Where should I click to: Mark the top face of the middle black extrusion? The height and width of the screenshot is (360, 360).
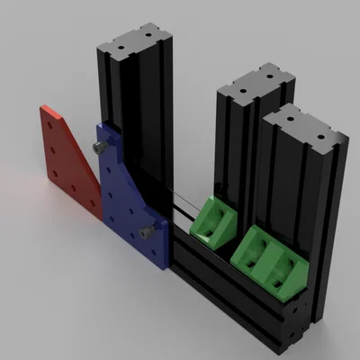[256, 85]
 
